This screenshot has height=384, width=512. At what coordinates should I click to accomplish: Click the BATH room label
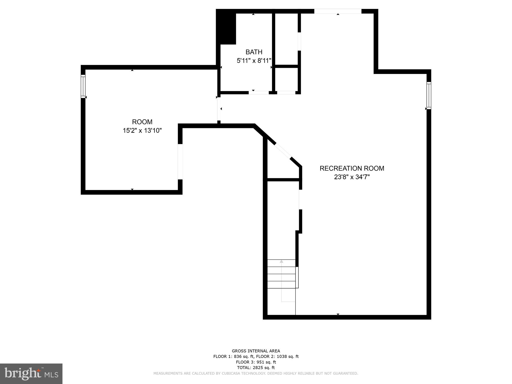(x=254, y=52)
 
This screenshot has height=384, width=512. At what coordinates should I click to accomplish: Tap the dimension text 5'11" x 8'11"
(x=254, y=61)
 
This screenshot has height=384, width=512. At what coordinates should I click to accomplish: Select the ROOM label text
(x=142, y=122)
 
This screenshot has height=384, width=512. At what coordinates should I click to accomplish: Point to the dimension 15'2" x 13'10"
(x=142, y=131)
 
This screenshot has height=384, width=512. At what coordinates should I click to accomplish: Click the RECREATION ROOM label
(x=352, y=168)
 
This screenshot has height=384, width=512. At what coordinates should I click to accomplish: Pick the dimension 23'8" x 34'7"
(x=352, y=177)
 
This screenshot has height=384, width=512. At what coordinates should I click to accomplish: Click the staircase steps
(x=281, y=274)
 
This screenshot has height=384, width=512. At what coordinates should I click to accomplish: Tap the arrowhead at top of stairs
(x=281, y=261)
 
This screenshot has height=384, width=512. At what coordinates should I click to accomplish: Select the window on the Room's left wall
(x=83, y=86)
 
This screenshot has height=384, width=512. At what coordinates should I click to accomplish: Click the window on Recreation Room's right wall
(x=429, y=95)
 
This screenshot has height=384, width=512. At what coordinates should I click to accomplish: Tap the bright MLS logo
(x=31, y=374)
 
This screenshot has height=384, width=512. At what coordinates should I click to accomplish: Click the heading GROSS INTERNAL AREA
(x=256, y=351)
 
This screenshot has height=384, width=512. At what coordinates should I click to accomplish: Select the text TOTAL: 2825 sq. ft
(x=256, y=368)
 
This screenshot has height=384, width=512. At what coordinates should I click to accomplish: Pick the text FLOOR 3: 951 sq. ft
(x=256, y=362)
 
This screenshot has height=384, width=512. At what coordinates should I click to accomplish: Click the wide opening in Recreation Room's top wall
(x=338, y=11)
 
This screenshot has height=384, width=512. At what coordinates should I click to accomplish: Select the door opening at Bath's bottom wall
(x=259, y=92)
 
